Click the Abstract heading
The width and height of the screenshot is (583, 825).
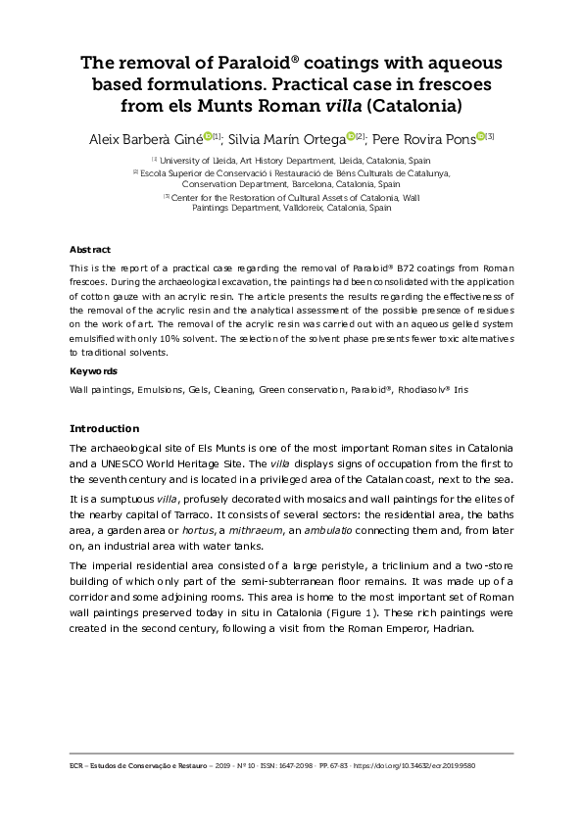[x=89, y=250]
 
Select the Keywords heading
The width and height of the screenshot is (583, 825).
[x=93, y=371]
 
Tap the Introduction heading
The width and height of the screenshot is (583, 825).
[x=105, y=428]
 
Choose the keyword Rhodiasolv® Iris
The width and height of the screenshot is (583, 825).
[x=433, y=389]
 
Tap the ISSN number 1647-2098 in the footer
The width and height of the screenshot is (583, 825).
[x=276, y=764]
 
